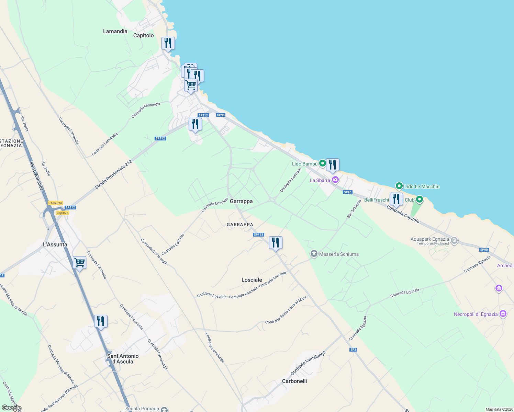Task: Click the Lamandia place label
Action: tap(115, 31)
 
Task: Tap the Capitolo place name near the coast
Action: tap(143, 35)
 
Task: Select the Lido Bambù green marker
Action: tap(322, 163)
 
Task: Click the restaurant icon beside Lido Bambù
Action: tap(333, 165)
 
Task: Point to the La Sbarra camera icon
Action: tap(335, 180)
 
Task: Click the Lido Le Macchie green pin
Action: tap(399, 186)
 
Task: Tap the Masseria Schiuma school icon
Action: tap(313, 254)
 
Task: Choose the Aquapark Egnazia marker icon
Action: tap(454, 240)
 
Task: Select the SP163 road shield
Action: tap(258, 234)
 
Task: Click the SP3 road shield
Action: tap(353, 350)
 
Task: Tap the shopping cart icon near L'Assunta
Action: tap(79, 263)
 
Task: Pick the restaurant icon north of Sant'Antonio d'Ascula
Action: tap(101, 321)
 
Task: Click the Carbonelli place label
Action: tap(294, 381)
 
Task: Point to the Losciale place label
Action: tap(252, 280)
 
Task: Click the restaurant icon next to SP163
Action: tap(276, 243)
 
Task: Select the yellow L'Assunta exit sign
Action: tap(55, 203)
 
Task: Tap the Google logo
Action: tap(11, 408)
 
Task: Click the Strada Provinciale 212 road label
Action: tap(113, 174)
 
